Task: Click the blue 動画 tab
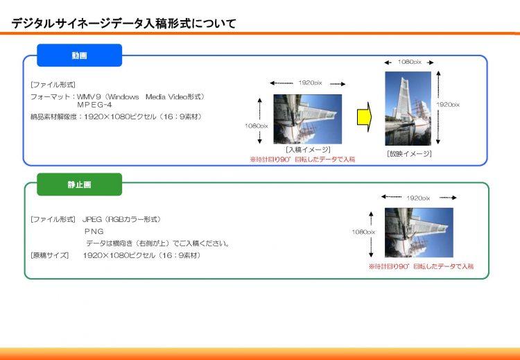tap(79, 55)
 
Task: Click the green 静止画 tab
tap(79, 185)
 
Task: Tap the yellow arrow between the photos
tap(364, 117)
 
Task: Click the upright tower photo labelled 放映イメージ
tap(408, 108)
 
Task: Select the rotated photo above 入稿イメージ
tap(307, 119)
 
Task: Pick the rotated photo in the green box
tap(419, 232)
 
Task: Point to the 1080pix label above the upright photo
tap(410, 62)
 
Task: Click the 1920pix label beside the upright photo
tap(448, 105)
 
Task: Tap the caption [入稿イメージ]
tap(308, 150)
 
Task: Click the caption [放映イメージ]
tap(409, 154)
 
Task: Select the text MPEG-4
tap(94, 105)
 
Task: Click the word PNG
tap(94, 231)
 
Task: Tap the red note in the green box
tap(421, 266)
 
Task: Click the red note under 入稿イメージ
tap(302, 160)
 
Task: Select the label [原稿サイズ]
tap(49, 255)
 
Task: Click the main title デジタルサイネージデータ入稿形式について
tap(123, 24)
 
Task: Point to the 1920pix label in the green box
tap(418, 198)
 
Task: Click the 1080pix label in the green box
tap(363, 232)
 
